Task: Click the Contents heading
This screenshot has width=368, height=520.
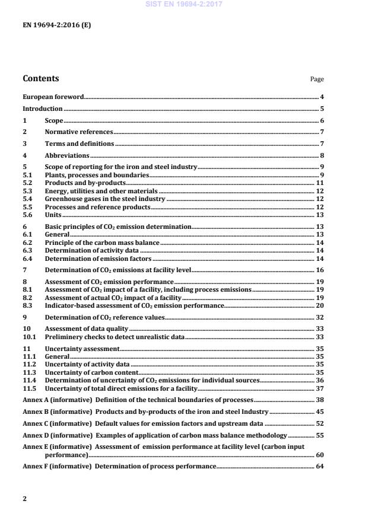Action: coord(40,78)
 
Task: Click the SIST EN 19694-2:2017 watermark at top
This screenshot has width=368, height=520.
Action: coord(184,4)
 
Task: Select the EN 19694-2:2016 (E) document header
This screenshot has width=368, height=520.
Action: coord(56,25)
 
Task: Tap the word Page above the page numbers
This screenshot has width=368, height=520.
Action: coord(317,79)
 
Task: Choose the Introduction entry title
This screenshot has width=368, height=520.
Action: coord(43,109)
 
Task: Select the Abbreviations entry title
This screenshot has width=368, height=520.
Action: coord(67,155)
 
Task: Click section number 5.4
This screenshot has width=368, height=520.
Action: coord(27,199)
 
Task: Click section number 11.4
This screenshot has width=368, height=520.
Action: coord(29,380)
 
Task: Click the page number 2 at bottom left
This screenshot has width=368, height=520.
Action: coord(24,499)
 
